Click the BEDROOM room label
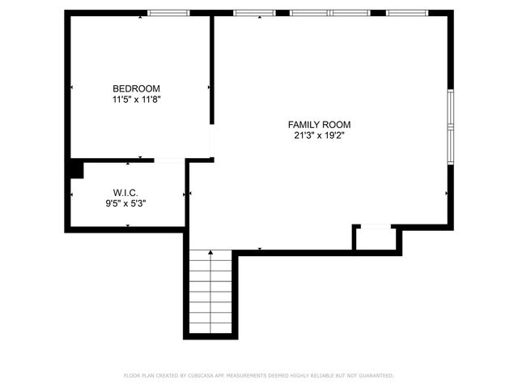[x=136, y=88]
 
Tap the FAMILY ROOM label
[x=320, y=124]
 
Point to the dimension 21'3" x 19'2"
[x=320, y=135]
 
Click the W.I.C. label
[x=125, y=193]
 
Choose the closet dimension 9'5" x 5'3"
[x=125, y=204]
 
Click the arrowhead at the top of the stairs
[x=211, y=254]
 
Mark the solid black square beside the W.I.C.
[x=74, y=169]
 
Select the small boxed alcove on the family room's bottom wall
[x=376, y=239]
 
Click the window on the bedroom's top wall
[x=168, y=13]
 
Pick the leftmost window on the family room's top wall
[x=254, y=13]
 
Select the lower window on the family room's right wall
[x=450, y=145]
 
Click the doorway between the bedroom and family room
[x=212, y=141]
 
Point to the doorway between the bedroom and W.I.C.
[x=168, y=160]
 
